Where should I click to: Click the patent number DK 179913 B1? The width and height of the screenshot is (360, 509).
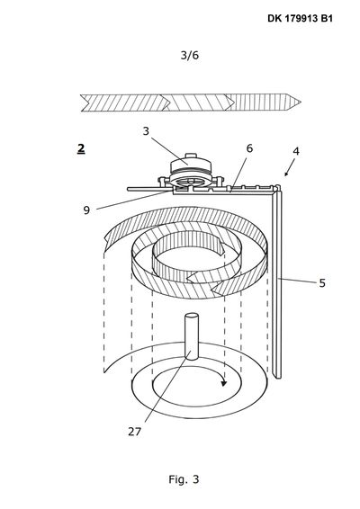pyautogui.click(x=300, y=18)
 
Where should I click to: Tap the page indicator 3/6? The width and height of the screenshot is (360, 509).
pyautogui.click(x=190, y=55)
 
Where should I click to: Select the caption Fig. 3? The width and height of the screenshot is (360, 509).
pyautogui.click(x=184, y=479)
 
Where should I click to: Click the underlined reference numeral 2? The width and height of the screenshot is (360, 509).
pyautogui.click(x=81, y=148)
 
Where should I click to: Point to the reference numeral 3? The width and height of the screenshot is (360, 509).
pyautogui.click(x=146, y=130)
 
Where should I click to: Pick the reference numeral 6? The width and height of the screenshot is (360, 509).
pyautogui.click(x=249, y=148)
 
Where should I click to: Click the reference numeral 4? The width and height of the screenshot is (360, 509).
pyautogui.click(x=296, y=151)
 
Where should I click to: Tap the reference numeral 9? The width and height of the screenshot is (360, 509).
pyautogui.click(x=86, y=210)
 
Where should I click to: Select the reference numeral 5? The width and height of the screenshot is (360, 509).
pyautogui.click(x=322, y=283)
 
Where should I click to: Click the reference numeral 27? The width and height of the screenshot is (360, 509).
pyautogui.click(x=134, y=432)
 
